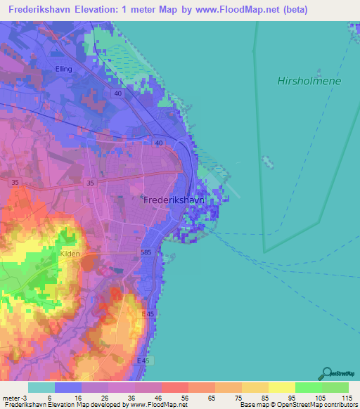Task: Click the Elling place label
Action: click(64, 69)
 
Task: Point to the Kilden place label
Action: click(70, 253)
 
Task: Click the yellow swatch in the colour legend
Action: click(281, 387)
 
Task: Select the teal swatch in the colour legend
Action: click(41, 387)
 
